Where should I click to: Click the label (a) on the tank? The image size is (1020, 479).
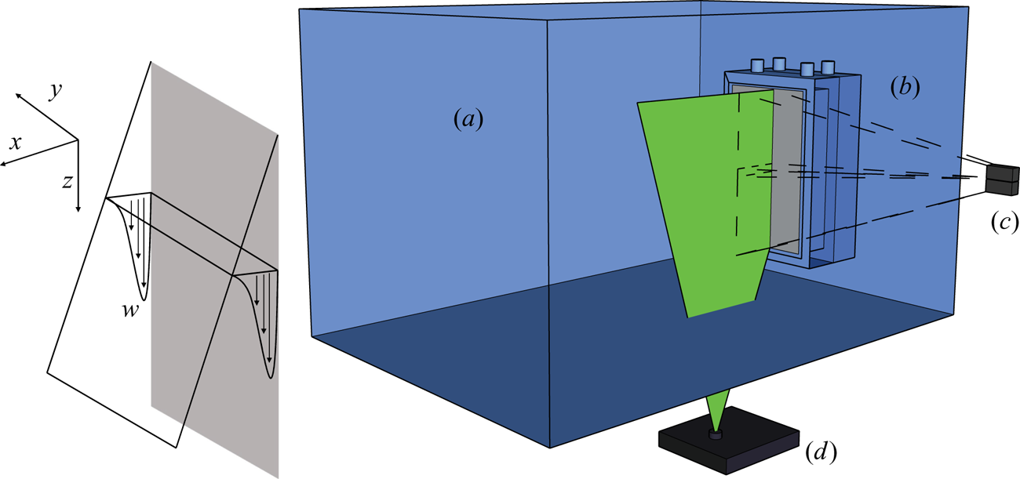point(468,120)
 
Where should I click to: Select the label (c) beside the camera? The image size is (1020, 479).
point(1005,222)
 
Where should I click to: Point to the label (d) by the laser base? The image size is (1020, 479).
point(821,451)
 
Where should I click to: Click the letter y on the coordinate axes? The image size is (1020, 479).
point(55,91)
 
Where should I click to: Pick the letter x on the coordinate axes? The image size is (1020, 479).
point(15,143)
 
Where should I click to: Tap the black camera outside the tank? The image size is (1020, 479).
point(1001,180)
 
